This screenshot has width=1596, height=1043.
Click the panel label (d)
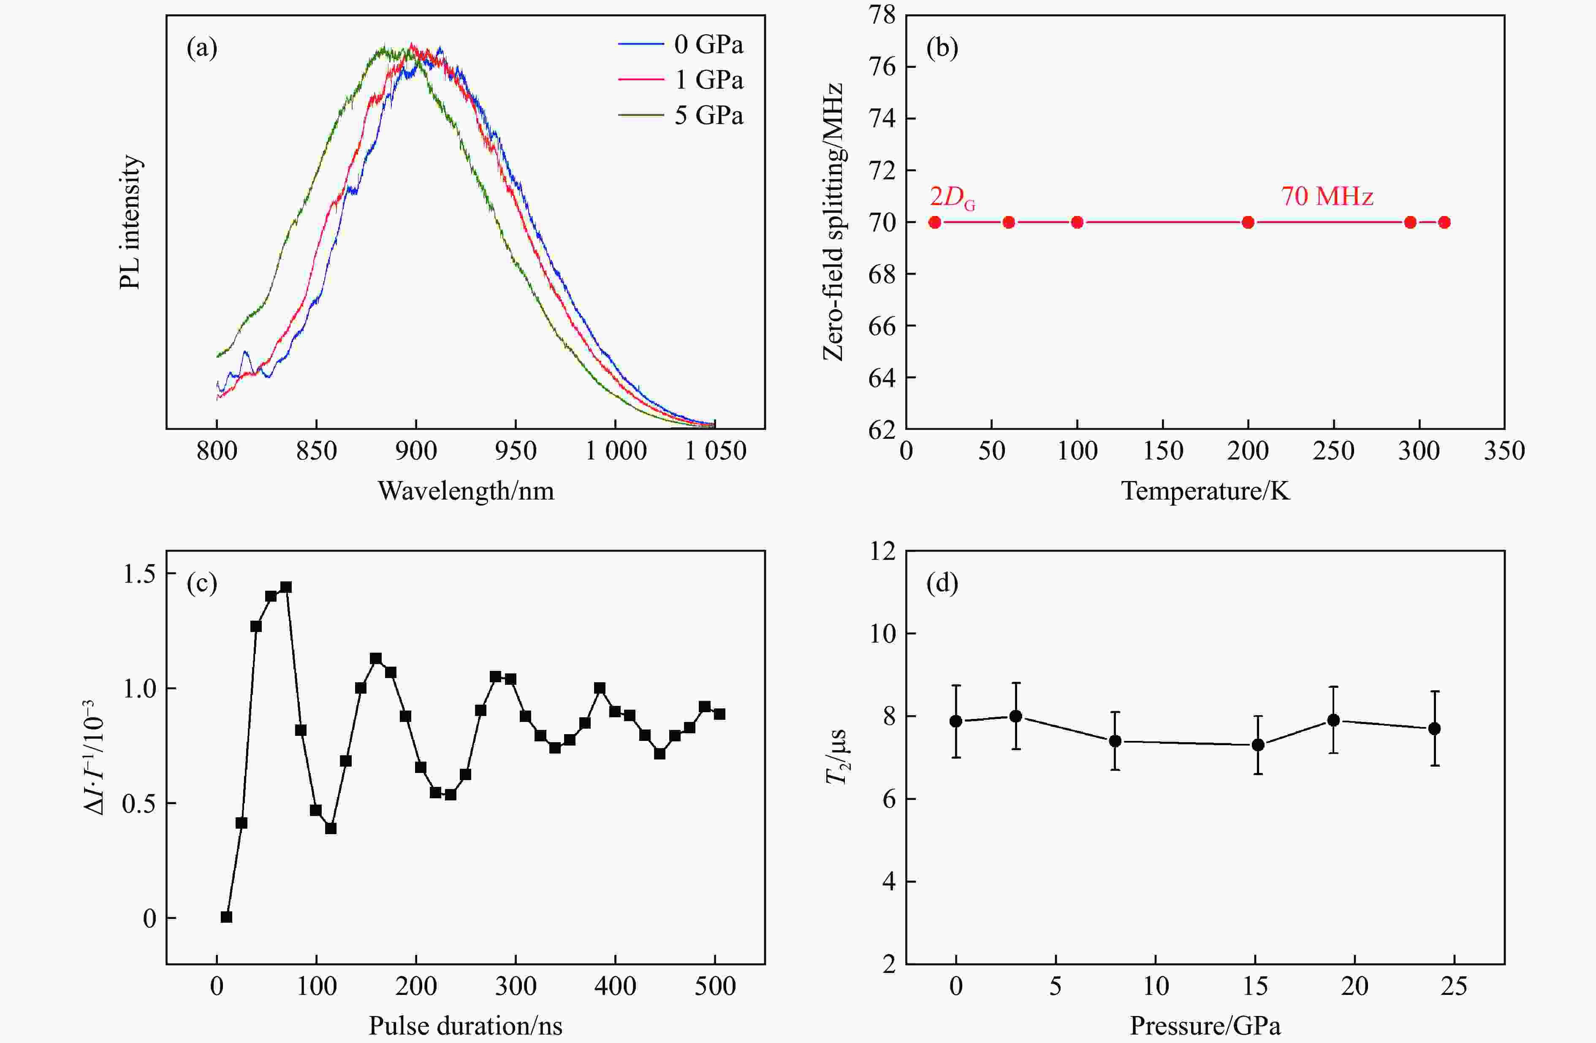click(x=942, y=584)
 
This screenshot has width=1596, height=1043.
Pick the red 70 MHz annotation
click(x=1327, y=196)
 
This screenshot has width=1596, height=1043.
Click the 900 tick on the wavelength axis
click(x=416, y=451)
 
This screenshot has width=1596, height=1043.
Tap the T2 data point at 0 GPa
click(x=956, y=721)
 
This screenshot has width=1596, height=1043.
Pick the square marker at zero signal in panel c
click(x=227, y=917)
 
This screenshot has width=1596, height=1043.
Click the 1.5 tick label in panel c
click(x=139, y=575)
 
